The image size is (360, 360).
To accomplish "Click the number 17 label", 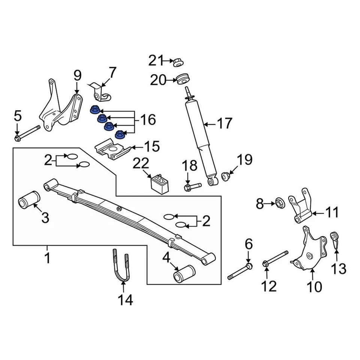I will pos(225,123).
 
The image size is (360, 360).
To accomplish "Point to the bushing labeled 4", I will pos(184,273).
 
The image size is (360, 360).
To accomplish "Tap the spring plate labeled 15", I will pos(112,149).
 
